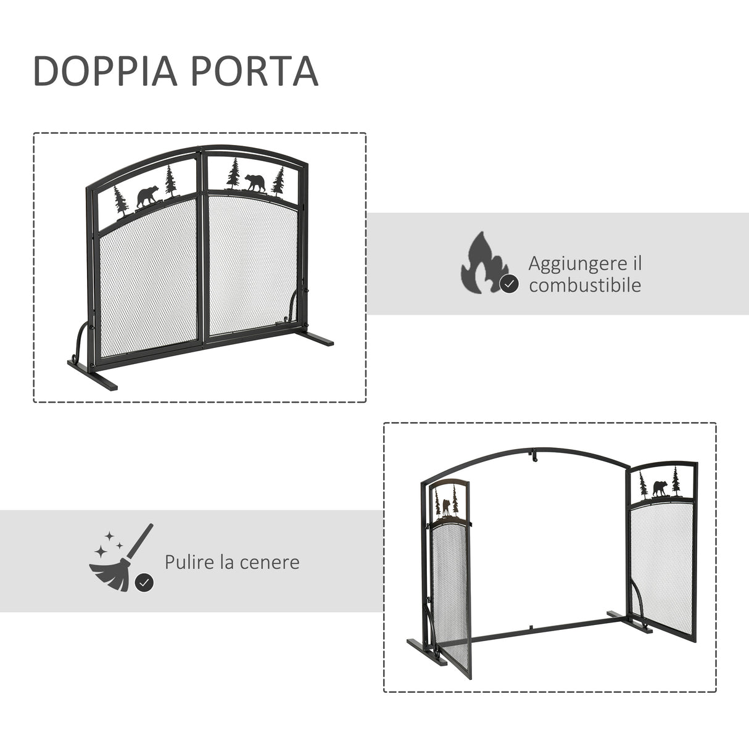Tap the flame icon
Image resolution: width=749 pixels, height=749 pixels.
pyautogui.click(x=484, y=262)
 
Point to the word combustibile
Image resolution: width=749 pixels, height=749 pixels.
pyautogui.click(x=584, y=285)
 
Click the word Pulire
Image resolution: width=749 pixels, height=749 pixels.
pyautogui.click(x=189, y=562)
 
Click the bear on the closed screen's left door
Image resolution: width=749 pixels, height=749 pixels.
pyautogui.click(x=147, y=197)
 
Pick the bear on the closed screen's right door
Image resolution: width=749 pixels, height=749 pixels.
pyautogui.click(x=255, y=183)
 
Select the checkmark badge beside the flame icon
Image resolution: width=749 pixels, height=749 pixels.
pyautogui.click(x=508, y=284)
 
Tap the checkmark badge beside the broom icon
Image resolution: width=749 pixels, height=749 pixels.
pyautogui.click(x=144, y=582)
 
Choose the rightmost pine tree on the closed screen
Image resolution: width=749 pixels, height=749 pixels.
pyautogui.click(x=279, y=180)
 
